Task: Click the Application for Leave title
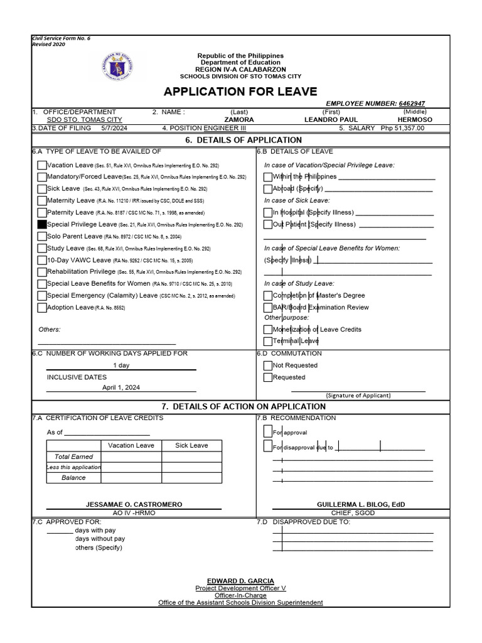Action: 240,92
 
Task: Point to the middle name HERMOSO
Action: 415,119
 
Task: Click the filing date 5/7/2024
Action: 114,127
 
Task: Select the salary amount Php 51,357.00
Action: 402,127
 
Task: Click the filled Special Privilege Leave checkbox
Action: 42,224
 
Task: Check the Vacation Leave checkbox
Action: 42,165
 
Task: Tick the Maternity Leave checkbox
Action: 42,200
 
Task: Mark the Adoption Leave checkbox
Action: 42,308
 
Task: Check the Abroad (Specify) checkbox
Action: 268,188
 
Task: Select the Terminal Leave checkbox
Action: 268,341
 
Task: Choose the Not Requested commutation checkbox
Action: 268,365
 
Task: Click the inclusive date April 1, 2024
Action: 122,387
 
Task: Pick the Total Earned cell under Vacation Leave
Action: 131,457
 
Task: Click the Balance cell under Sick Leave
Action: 191,478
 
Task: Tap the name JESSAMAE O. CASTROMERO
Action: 134,504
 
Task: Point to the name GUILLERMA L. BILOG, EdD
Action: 352,504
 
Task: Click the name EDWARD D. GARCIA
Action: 240,581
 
